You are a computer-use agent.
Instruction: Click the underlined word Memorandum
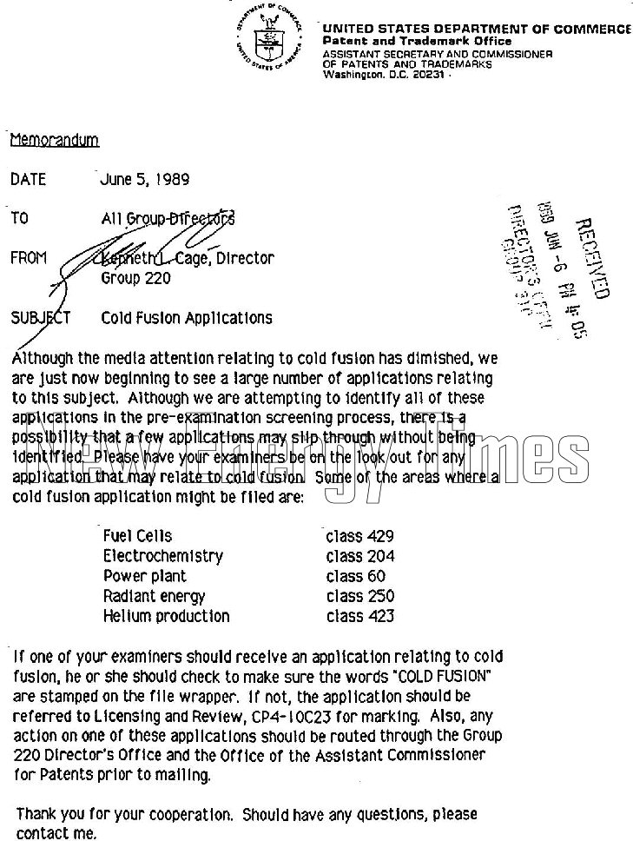click(x=54, y=140)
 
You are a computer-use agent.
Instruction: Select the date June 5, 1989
click(x=145, y=180)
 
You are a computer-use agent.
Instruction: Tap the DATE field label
click(x=28, y=180)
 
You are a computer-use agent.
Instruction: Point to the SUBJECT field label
click(x=40, y=318)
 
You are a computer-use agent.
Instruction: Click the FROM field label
click(x=30, y=258)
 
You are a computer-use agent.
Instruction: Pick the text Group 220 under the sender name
click(x=135, y=279)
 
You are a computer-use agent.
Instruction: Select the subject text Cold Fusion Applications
click(x=187, y=318)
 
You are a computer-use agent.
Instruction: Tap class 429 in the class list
click(x=359, y=536)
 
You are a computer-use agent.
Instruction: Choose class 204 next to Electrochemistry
click(x=359, y=556)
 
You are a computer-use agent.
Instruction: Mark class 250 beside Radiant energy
click(x=359, y=596)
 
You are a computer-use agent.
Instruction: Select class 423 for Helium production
click(x=359, y=616)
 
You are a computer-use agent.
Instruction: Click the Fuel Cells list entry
click(x=137, y=536)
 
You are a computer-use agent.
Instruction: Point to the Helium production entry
click(x=166, y=616)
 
